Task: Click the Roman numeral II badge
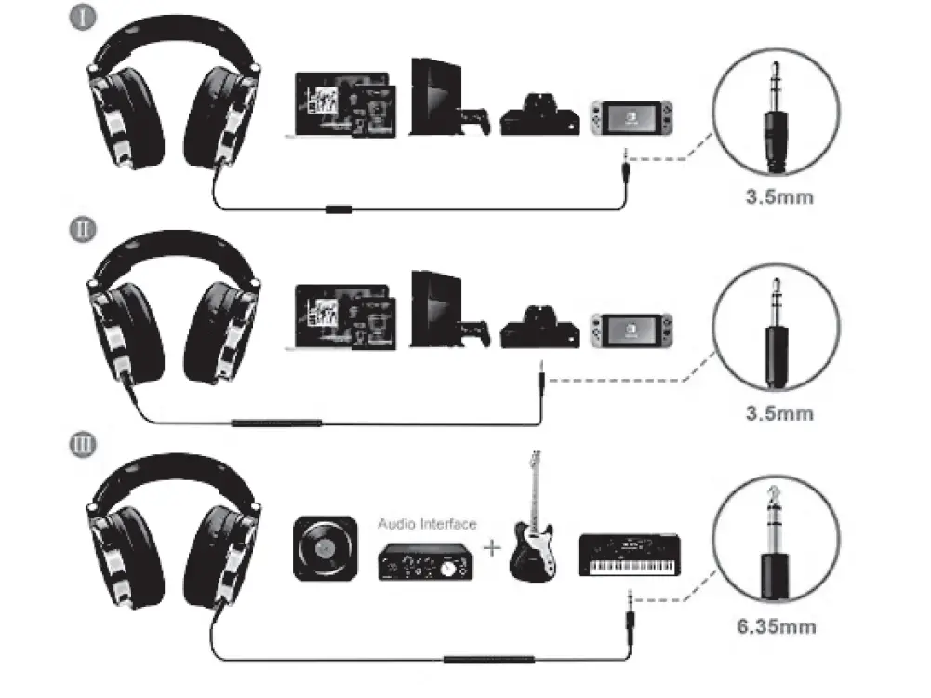(84, 229)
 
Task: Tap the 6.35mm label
(776, 625)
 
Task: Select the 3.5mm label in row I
(778, 197)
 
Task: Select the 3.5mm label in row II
(778, 412)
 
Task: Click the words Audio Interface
(427, 524)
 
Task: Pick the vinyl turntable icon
(325, 548)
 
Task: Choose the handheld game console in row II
(630, 330)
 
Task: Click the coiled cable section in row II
(276, 423)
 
